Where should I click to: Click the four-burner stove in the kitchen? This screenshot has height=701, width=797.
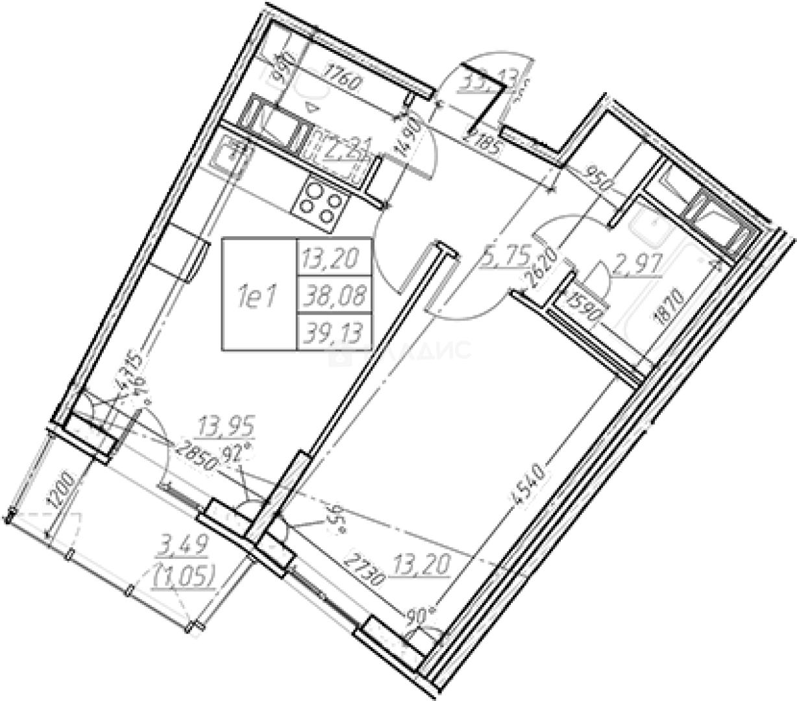point(319,201)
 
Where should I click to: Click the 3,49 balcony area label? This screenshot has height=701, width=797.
point(182,545)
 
